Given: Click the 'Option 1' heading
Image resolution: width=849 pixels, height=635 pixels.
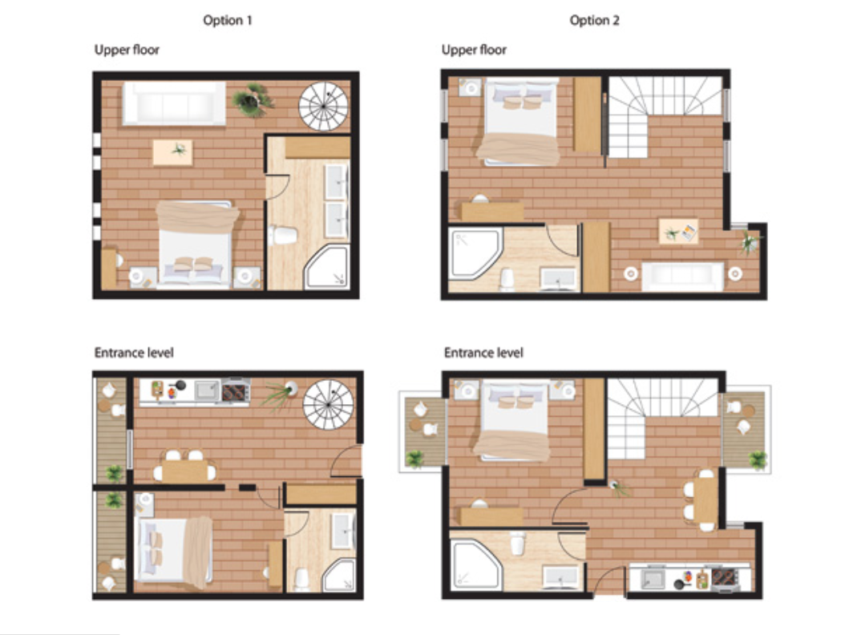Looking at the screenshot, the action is (x=228, y=21).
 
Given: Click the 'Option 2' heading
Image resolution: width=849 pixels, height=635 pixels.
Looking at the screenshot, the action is (x=594, y=21).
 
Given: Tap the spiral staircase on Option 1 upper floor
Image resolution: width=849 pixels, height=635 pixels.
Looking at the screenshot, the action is (x=324, y=107).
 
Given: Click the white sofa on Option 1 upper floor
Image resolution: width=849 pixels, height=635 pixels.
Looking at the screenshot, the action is (x=174, y=103).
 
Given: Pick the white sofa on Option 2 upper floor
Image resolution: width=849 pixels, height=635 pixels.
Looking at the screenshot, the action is (x=683, y=276).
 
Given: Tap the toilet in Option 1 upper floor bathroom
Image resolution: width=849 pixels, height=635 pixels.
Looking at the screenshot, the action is (x=283, y=236).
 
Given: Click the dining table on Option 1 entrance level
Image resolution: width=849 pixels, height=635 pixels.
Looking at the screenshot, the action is (x=184, y=471).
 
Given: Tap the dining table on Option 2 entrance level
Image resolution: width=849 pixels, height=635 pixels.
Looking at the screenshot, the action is (x=705, y=500).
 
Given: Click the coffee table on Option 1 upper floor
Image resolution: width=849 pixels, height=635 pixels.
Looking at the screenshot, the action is (x=172, y=152).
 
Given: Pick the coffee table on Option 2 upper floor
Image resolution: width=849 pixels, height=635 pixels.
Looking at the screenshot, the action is (x=678, y=232).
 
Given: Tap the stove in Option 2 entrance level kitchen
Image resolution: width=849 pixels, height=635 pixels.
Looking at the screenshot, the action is (x=725, y=578).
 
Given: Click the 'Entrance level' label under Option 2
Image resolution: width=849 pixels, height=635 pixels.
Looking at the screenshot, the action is (x=483, y=353).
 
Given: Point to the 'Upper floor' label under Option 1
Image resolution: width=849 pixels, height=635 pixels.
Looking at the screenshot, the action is (x=127, y=50).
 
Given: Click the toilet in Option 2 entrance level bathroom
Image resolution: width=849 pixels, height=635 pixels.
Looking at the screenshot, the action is (x=518, y=544).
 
